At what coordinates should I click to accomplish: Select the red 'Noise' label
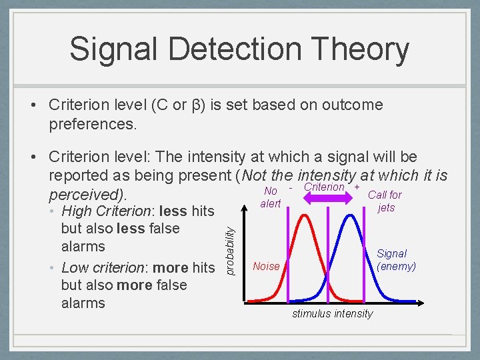(x=266, y=267)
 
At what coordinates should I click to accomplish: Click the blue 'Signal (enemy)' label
(x=396, y=260)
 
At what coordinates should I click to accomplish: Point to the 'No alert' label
(x=271, y=197)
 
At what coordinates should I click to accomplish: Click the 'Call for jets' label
(x=385, y=201)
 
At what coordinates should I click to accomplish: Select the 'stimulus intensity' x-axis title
(x=332, y=313)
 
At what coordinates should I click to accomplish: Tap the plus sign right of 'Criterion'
(x=357, y=188)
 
